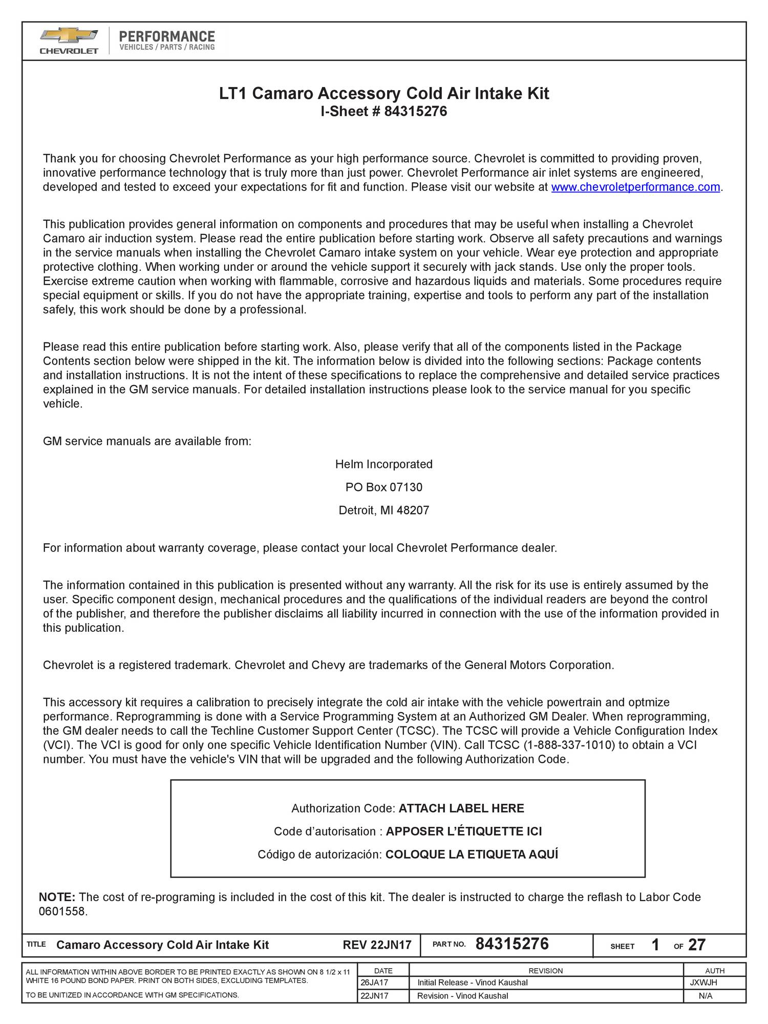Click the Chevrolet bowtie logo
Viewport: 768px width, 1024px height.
(x=69, y=36)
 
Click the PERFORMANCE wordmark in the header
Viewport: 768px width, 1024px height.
(x=167, y=36)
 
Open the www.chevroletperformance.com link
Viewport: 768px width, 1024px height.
(x=635, y=187)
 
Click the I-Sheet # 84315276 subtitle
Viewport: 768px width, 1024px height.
(x=383, y=111)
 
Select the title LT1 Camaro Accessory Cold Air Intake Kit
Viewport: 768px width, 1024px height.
(x=384, y=94)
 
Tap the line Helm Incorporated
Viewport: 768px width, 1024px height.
(x=383, y=464)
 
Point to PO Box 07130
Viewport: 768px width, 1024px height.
(x=383, y=487)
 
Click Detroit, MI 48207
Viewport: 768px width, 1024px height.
(x=383, y=510)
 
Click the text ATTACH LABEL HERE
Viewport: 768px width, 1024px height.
(x=461, y=808)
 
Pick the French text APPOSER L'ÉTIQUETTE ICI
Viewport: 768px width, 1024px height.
(x=463, y=831)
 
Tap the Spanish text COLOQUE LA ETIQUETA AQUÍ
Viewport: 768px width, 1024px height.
(x=471, y=855)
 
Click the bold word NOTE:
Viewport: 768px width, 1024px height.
(x=57, y=897)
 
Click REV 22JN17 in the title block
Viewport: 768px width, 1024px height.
(x=377, y=945)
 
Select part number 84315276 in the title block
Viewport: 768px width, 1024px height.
(x=512, y=944)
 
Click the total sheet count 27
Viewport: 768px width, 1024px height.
(x=697, y=945)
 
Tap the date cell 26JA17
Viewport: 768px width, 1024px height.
(x=374, y=983)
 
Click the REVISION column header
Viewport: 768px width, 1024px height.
(x=545, y=971)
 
